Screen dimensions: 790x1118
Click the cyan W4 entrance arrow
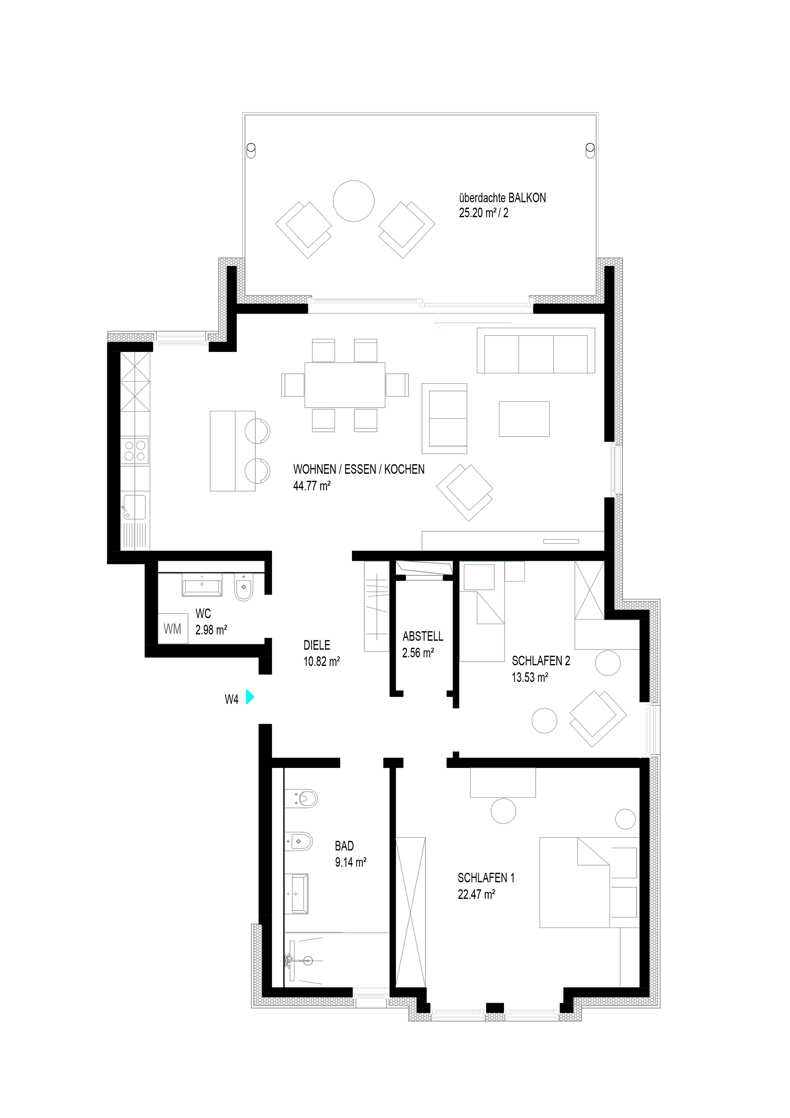250,697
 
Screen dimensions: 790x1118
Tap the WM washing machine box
173,629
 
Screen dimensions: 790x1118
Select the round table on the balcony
354,201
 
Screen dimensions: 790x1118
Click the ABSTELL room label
423,636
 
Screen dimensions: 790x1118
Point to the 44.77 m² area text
312,486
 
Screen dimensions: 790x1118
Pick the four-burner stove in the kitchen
135,450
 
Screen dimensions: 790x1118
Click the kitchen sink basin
134,507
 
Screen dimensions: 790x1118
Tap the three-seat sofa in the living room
536,350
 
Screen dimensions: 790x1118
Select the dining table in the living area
344,385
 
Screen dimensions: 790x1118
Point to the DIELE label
317,645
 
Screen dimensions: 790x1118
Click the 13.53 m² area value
530,678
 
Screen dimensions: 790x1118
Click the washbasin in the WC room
201,584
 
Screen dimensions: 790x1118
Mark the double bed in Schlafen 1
589,882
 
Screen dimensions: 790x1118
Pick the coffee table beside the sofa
524,419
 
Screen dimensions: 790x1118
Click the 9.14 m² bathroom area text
350,862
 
